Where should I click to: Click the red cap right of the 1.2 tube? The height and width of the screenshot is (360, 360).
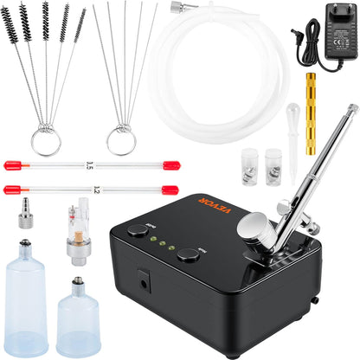(170, 189)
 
